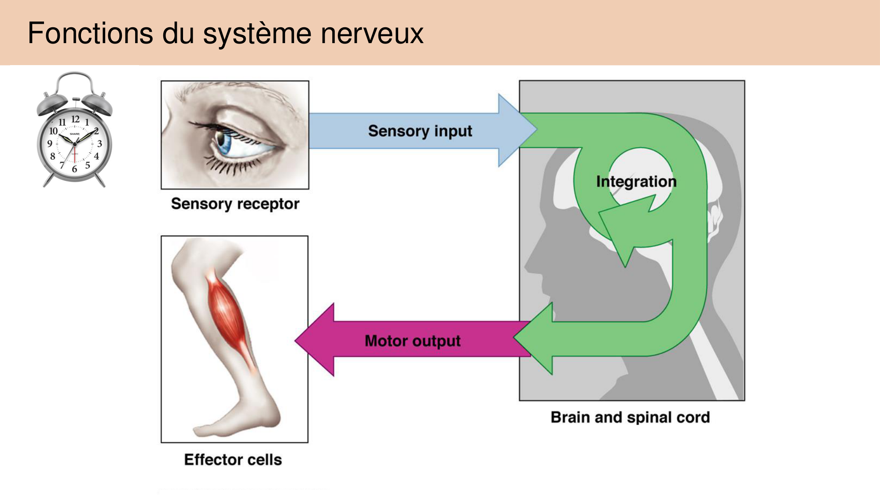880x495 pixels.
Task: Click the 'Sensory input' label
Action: [x=420, y=131]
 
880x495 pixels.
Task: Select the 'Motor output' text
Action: [x=412, y=341]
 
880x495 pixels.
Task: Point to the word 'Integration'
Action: [x=636, y=181]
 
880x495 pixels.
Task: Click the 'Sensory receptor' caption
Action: [x=235, y=204]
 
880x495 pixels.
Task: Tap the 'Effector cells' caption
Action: [x=233, y=460]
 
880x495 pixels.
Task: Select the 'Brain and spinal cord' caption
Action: [x=630, y=417]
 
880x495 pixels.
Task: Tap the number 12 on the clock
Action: [x=75, y=119]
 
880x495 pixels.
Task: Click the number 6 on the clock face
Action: [x=74, y=169]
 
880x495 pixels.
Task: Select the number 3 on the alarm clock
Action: [x=99, y=143]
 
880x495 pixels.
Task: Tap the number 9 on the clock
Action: [x=50, y=143]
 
